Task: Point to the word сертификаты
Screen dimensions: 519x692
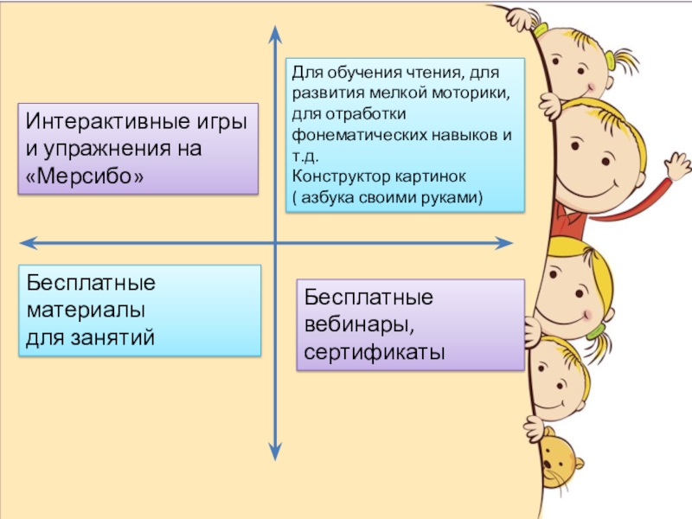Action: pyautogui.click(x=374, y=352)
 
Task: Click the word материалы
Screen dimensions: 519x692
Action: pyautogui.click(x=85, y=309)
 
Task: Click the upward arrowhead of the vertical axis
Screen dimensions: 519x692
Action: pyautogui.click(x=274, y=32)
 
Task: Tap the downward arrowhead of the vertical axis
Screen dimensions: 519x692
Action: pyautogui.click(x=274, y=451)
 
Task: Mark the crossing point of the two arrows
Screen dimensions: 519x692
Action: pyautogui.click(x=274, y=243)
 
